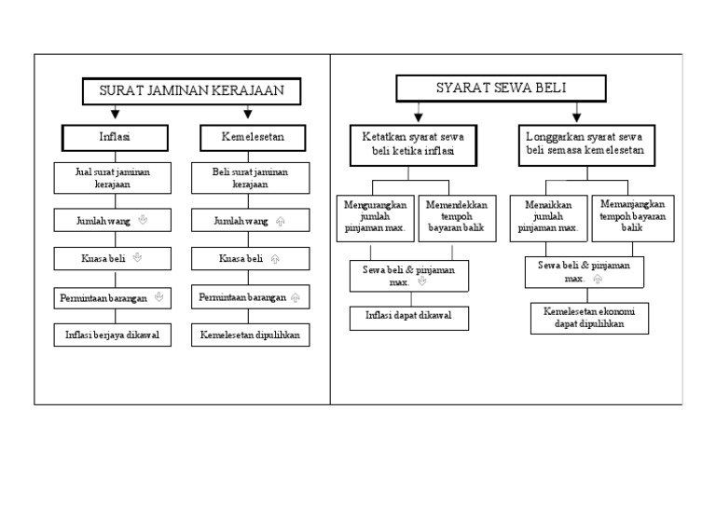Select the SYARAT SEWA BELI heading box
(502, 89)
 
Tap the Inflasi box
(115, 137)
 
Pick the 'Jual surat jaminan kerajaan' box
(113, 178)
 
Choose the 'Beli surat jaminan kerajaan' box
(251, 178)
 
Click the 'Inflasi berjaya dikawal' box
(113, 335)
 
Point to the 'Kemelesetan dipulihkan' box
(251, 335)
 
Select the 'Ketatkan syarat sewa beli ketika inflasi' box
(413, 143)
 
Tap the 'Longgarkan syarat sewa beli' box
(584, 143)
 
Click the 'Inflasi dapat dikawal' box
(409, 317)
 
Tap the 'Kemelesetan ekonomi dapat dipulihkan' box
(589, 318)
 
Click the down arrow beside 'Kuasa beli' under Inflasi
(137, 257)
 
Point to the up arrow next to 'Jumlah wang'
(280, 221)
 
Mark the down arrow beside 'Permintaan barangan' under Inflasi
(158, 297)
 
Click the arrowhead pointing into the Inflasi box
(115, 115)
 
